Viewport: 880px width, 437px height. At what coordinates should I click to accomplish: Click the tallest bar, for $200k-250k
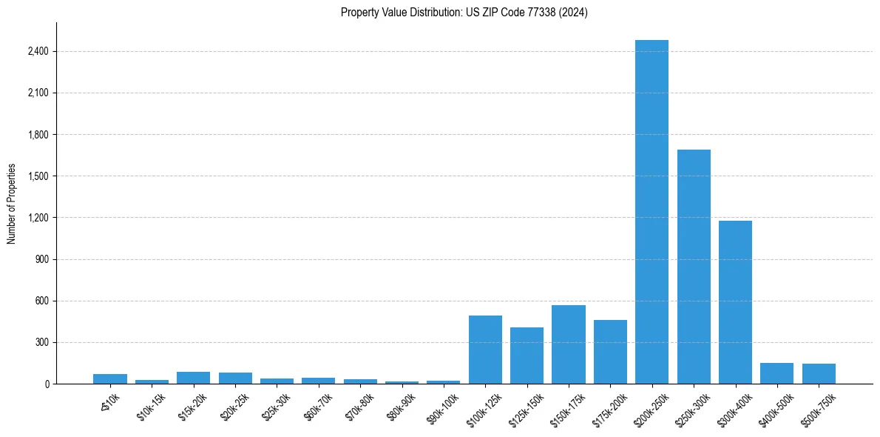[651, 212]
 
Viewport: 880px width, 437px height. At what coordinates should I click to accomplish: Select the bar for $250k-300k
[694, 267]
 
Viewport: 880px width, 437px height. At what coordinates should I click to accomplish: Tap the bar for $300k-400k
[735, 302]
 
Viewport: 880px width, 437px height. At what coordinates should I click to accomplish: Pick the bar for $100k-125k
[485, 350]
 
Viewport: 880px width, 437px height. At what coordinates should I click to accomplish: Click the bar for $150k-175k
[569, 344]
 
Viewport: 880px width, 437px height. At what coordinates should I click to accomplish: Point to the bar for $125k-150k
[527, 356]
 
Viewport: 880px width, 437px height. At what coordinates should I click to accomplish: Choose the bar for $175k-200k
[610, 352]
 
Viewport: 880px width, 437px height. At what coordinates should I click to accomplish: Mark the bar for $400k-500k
[776, 373]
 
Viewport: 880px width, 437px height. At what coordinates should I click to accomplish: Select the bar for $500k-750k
[819, 374]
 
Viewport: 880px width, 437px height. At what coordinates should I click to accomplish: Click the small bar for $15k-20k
[193, 378]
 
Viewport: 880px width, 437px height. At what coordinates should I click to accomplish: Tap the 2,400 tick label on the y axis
[38, 52]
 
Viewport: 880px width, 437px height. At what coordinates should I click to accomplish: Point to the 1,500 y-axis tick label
[38, 176]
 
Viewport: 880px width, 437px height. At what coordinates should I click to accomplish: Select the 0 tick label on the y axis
[46, 384]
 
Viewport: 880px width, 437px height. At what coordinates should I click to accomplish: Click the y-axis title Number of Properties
[11, 204]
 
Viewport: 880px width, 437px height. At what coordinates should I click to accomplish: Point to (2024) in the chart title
[575, 13]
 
